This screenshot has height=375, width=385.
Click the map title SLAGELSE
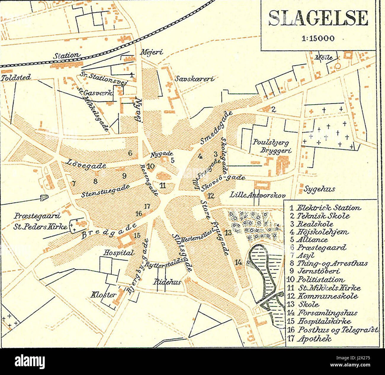(x=319, y=18)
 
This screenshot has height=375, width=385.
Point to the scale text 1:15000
(x=318, y=38)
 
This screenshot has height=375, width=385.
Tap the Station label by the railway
(x=67, y=56)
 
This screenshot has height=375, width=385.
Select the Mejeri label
(x=152, y=52)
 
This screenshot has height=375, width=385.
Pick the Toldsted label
(x=15, y=78)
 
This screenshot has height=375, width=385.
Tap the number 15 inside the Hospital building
(x=137, y=236)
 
